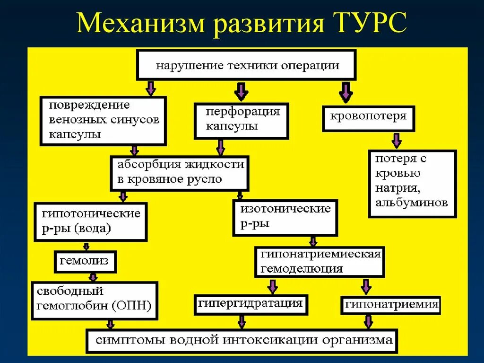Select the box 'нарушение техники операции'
pos(246,65)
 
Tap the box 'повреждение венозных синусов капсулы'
pos(103,120)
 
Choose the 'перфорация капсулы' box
pos(241,121)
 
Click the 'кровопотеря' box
pos(368,118)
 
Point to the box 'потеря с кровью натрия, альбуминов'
pos(412,184)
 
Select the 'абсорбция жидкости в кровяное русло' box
pos(180,173)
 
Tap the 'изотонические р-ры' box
pos(285,218)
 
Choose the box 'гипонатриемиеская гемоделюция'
pos(320,262)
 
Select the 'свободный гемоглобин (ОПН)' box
pos(94,301)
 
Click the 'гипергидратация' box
pos(251,304)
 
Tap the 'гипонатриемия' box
pos(391,304)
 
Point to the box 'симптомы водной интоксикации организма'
pos(242,340)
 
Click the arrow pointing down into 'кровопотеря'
pos(346,92)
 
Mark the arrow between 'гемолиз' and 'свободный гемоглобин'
pos(93,277)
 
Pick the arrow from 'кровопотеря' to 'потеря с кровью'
pos(396,140)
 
